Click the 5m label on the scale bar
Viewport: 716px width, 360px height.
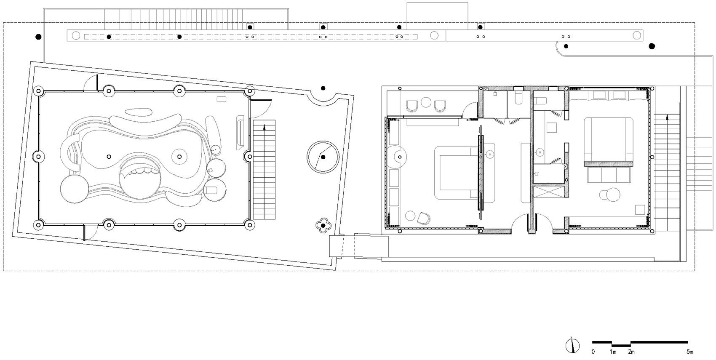click(x=690, y=352)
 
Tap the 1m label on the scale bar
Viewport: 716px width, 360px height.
click(x=613, y=352)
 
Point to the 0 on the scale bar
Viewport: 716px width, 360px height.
click(x=593, y=352)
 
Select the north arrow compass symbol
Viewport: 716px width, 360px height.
click(x=572, y=346)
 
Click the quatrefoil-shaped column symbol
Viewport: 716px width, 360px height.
click(x=323, y=226)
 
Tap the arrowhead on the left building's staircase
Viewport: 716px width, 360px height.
click(x=264, y=128)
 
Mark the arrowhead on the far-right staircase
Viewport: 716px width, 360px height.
click(x=667, y=117)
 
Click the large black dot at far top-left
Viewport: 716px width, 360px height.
click(x=38, y=37)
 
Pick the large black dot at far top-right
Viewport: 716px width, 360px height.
click(x=652, y=46)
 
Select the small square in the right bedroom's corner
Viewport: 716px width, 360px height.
click(x=640, y=210)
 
